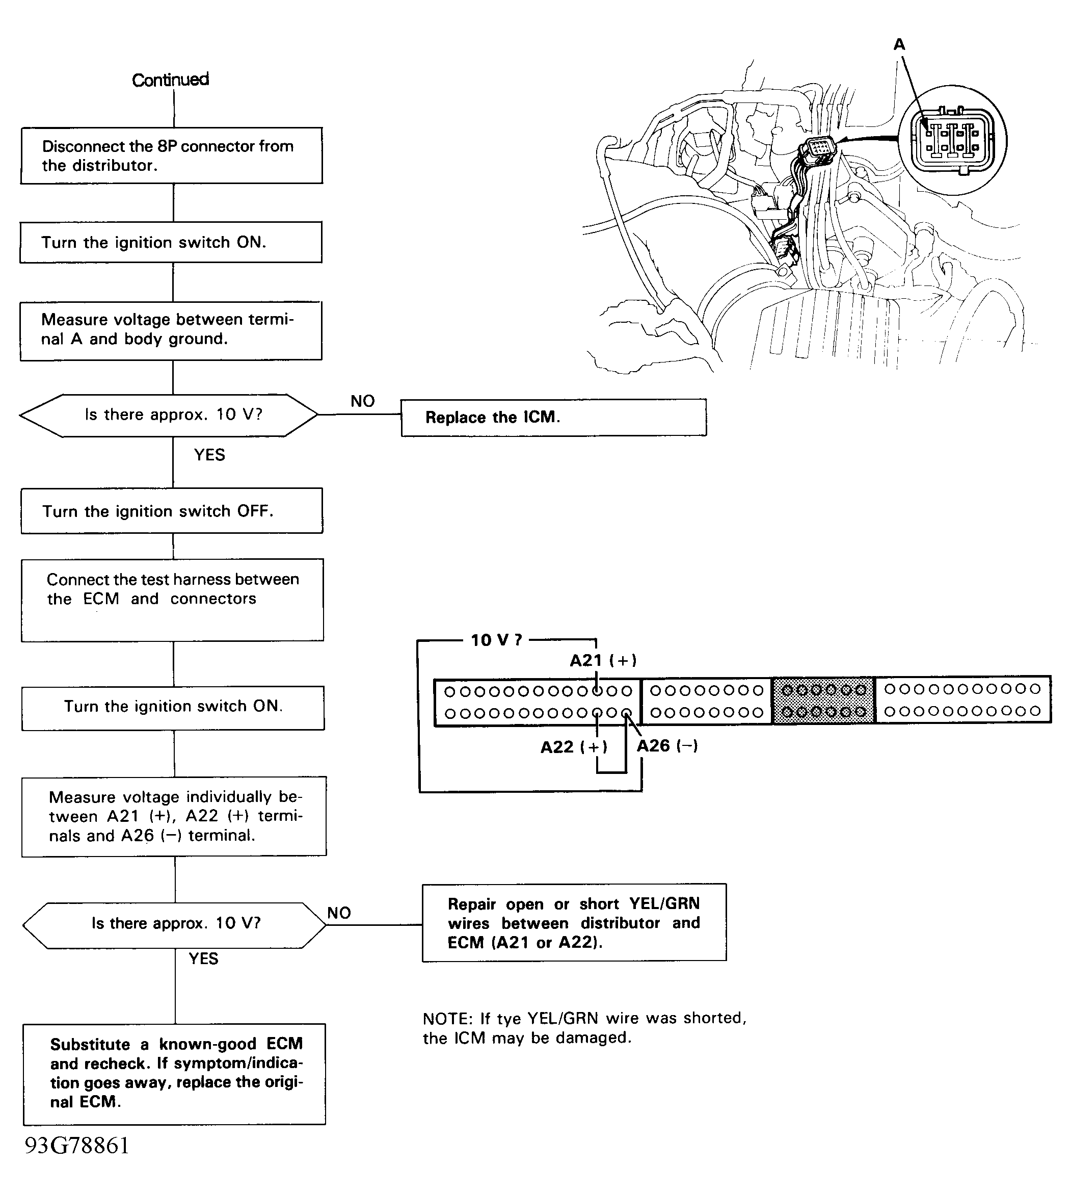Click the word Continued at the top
tap(170, 80)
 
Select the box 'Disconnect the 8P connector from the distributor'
tap(171, 156)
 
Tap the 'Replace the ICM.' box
tap(553, 418)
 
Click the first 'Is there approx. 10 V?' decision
tap(169, 415)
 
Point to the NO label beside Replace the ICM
tap(362, 401)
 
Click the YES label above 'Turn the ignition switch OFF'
tap(209, 455)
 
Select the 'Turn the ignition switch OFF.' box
tap(172, 511)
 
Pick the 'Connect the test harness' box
tap(172, 600)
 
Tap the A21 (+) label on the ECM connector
tap(603, 660)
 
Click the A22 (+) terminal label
tap(574, 747)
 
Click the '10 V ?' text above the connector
tap(496, 640)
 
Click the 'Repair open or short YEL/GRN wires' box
tap(574, 923)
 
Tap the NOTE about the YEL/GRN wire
tap(584, 1028)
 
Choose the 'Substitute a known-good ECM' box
tap(174, 1074)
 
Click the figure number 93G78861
tap(76, 1146)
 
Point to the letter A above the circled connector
tap(899, 45)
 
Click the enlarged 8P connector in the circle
tap(953, 141)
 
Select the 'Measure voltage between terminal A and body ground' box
tap(171, 330)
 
